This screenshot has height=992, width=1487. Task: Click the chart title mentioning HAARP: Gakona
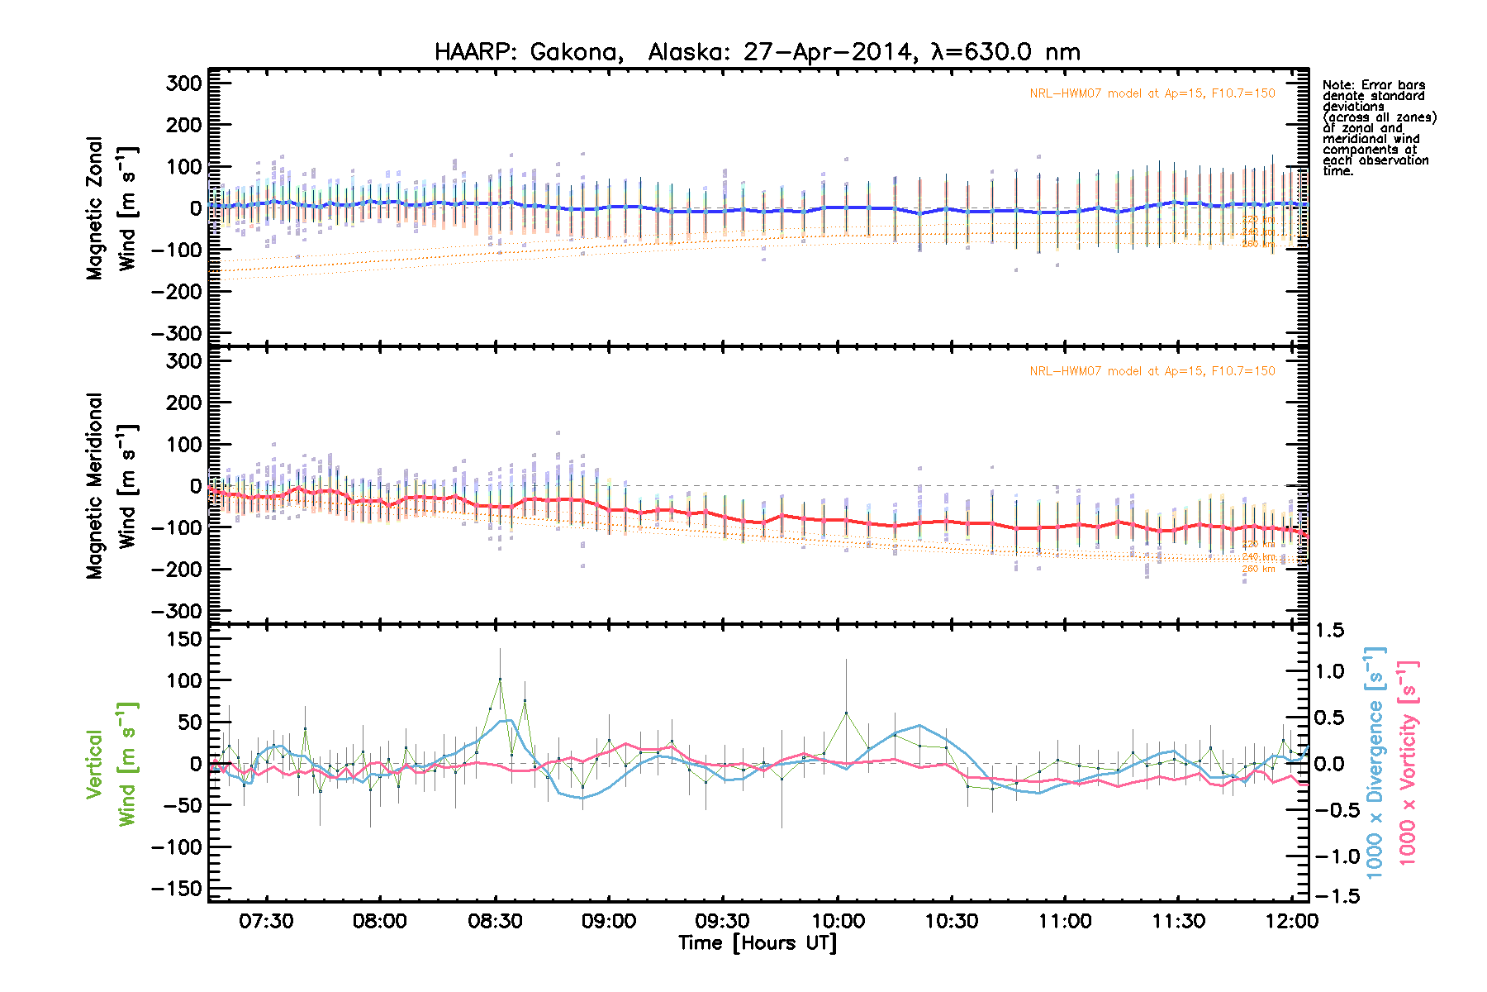click(x=757, y=52)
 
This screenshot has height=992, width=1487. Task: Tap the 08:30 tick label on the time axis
click(x=494, y=921)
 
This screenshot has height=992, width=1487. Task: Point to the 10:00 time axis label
click(x=838, y=921)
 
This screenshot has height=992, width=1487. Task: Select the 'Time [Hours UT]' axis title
click(x=757, y=943)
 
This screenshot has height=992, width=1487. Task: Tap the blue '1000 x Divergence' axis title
click(x=1375, y=762)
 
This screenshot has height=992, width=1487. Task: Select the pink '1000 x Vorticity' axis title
click(x=1408, y=762)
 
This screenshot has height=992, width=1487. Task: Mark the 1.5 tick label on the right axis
click(x=1329, y=630)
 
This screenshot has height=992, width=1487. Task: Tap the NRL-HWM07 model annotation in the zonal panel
click(x=1152, y=93)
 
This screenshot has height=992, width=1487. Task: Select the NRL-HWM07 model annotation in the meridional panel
click(x=1152, y=371)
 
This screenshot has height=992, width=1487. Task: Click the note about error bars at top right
click(x=1378, y=127)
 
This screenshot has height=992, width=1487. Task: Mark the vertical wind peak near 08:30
click(x=500, y=680)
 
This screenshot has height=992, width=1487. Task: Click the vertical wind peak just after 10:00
click(x=846, y=713)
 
